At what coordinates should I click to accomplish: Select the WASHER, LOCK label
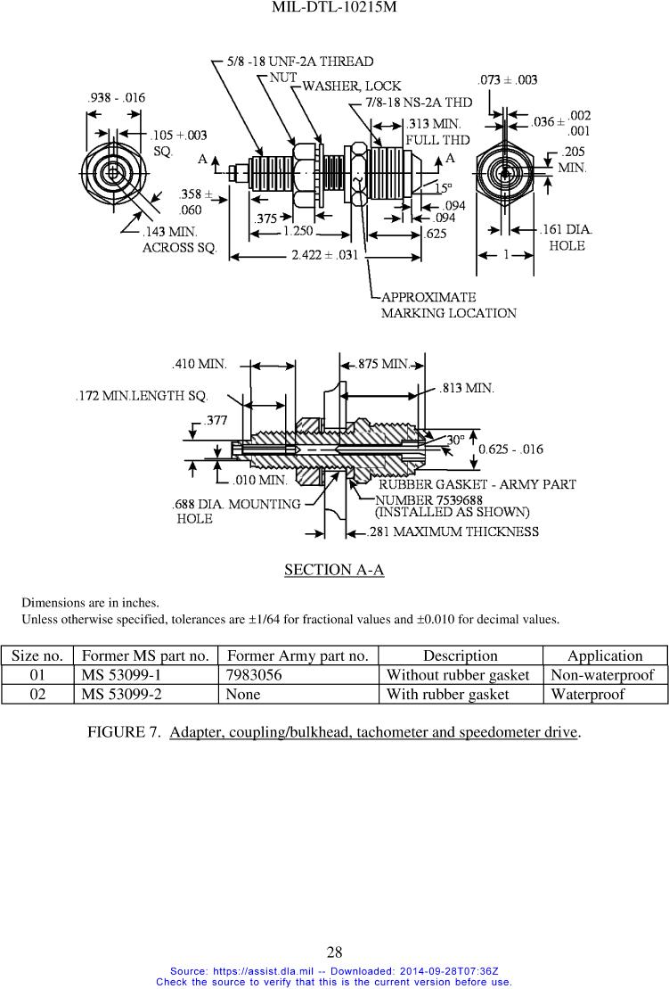352,87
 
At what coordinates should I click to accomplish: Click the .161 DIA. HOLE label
567,237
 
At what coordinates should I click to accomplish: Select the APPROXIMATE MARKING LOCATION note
448,305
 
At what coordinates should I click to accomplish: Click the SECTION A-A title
334,569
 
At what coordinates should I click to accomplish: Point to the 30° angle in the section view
454,439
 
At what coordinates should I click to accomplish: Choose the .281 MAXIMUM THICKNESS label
453,532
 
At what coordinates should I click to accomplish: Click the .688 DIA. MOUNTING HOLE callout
236,511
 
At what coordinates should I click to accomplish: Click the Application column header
605,655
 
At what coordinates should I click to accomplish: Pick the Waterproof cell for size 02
587,693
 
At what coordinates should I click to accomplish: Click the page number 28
334,952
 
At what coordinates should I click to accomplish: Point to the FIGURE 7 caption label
125,732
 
